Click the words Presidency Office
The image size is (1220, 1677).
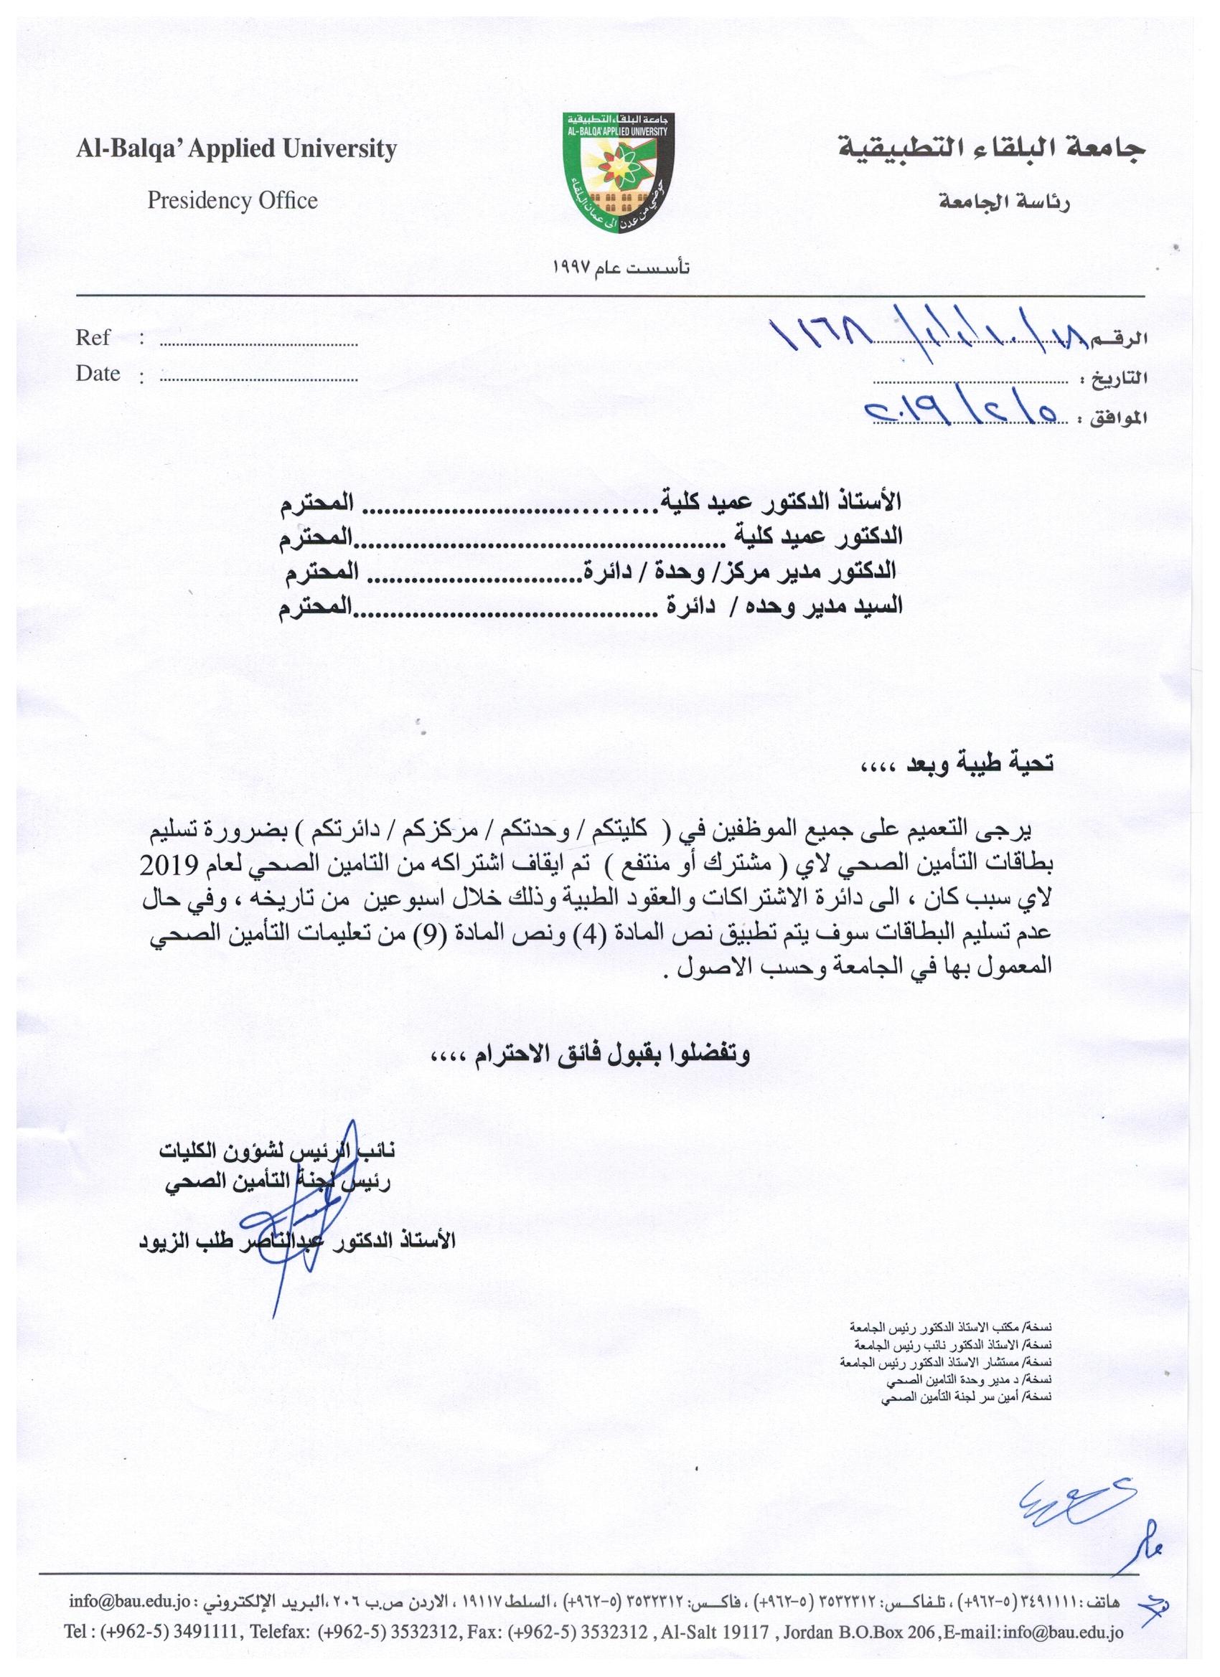(233, 200)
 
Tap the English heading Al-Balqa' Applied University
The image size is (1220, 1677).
(236, 149)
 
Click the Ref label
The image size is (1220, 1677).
(93, 338)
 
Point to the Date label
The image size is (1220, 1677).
(98, 374)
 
